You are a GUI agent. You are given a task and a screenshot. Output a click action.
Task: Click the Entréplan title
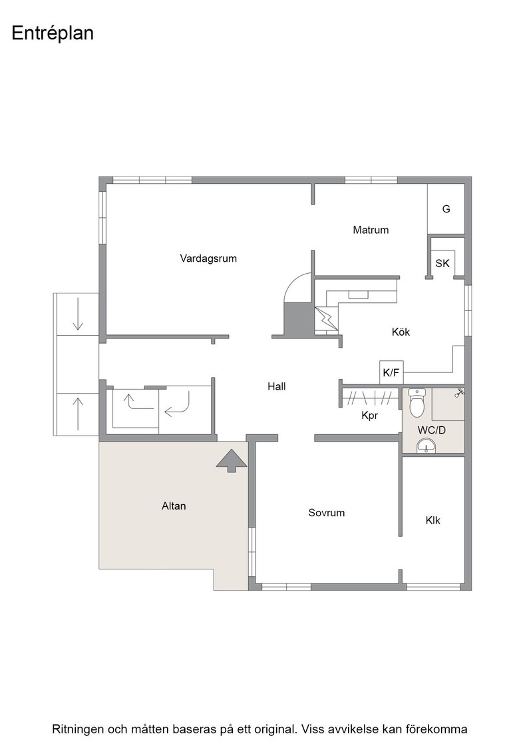click(53, 34)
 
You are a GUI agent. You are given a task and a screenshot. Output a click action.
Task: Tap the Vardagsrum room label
click(208, 258)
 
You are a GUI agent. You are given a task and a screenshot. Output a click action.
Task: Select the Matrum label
click(371, 230)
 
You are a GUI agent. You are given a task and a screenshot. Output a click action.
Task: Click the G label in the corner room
click(446, 209)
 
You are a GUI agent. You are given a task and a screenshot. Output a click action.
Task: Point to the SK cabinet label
click(442, 263)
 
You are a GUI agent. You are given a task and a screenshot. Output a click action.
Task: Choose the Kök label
click(401, 332)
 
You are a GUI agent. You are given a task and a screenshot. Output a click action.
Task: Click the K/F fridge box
click(391, 372)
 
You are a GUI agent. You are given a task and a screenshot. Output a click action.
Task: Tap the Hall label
click(277, 386)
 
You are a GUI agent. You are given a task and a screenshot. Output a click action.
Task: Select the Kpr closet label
click(370, 416)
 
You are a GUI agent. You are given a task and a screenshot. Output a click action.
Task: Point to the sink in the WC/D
click(426, 446)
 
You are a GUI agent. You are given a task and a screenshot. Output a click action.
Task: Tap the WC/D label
click(431, 430)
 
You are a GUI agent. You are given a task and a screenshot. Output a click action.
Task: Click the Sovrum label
click(327, 512)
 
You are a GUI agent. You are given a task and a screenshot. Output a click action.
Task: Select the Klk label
click(433, 520)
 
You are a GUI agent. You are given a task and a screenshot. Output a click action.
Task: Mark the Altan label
click(174, 506)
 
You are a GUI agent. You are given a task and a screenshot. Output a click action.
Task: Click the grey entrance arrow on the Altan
click(232, 460)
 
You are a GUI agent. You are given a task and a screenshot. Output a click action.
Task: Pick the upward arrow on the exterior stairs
click(77, 414)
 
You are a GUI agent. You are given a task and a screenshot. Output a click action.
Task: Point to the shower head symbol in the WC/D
click(460, 392)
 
